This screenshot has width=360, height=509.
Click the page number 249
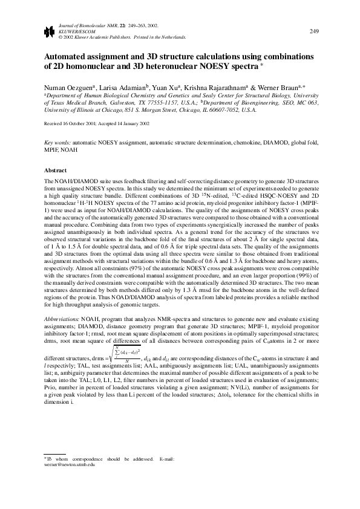(x=315, y=31)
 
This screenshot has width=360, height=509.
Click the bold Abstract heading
(x=56, y=171)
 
